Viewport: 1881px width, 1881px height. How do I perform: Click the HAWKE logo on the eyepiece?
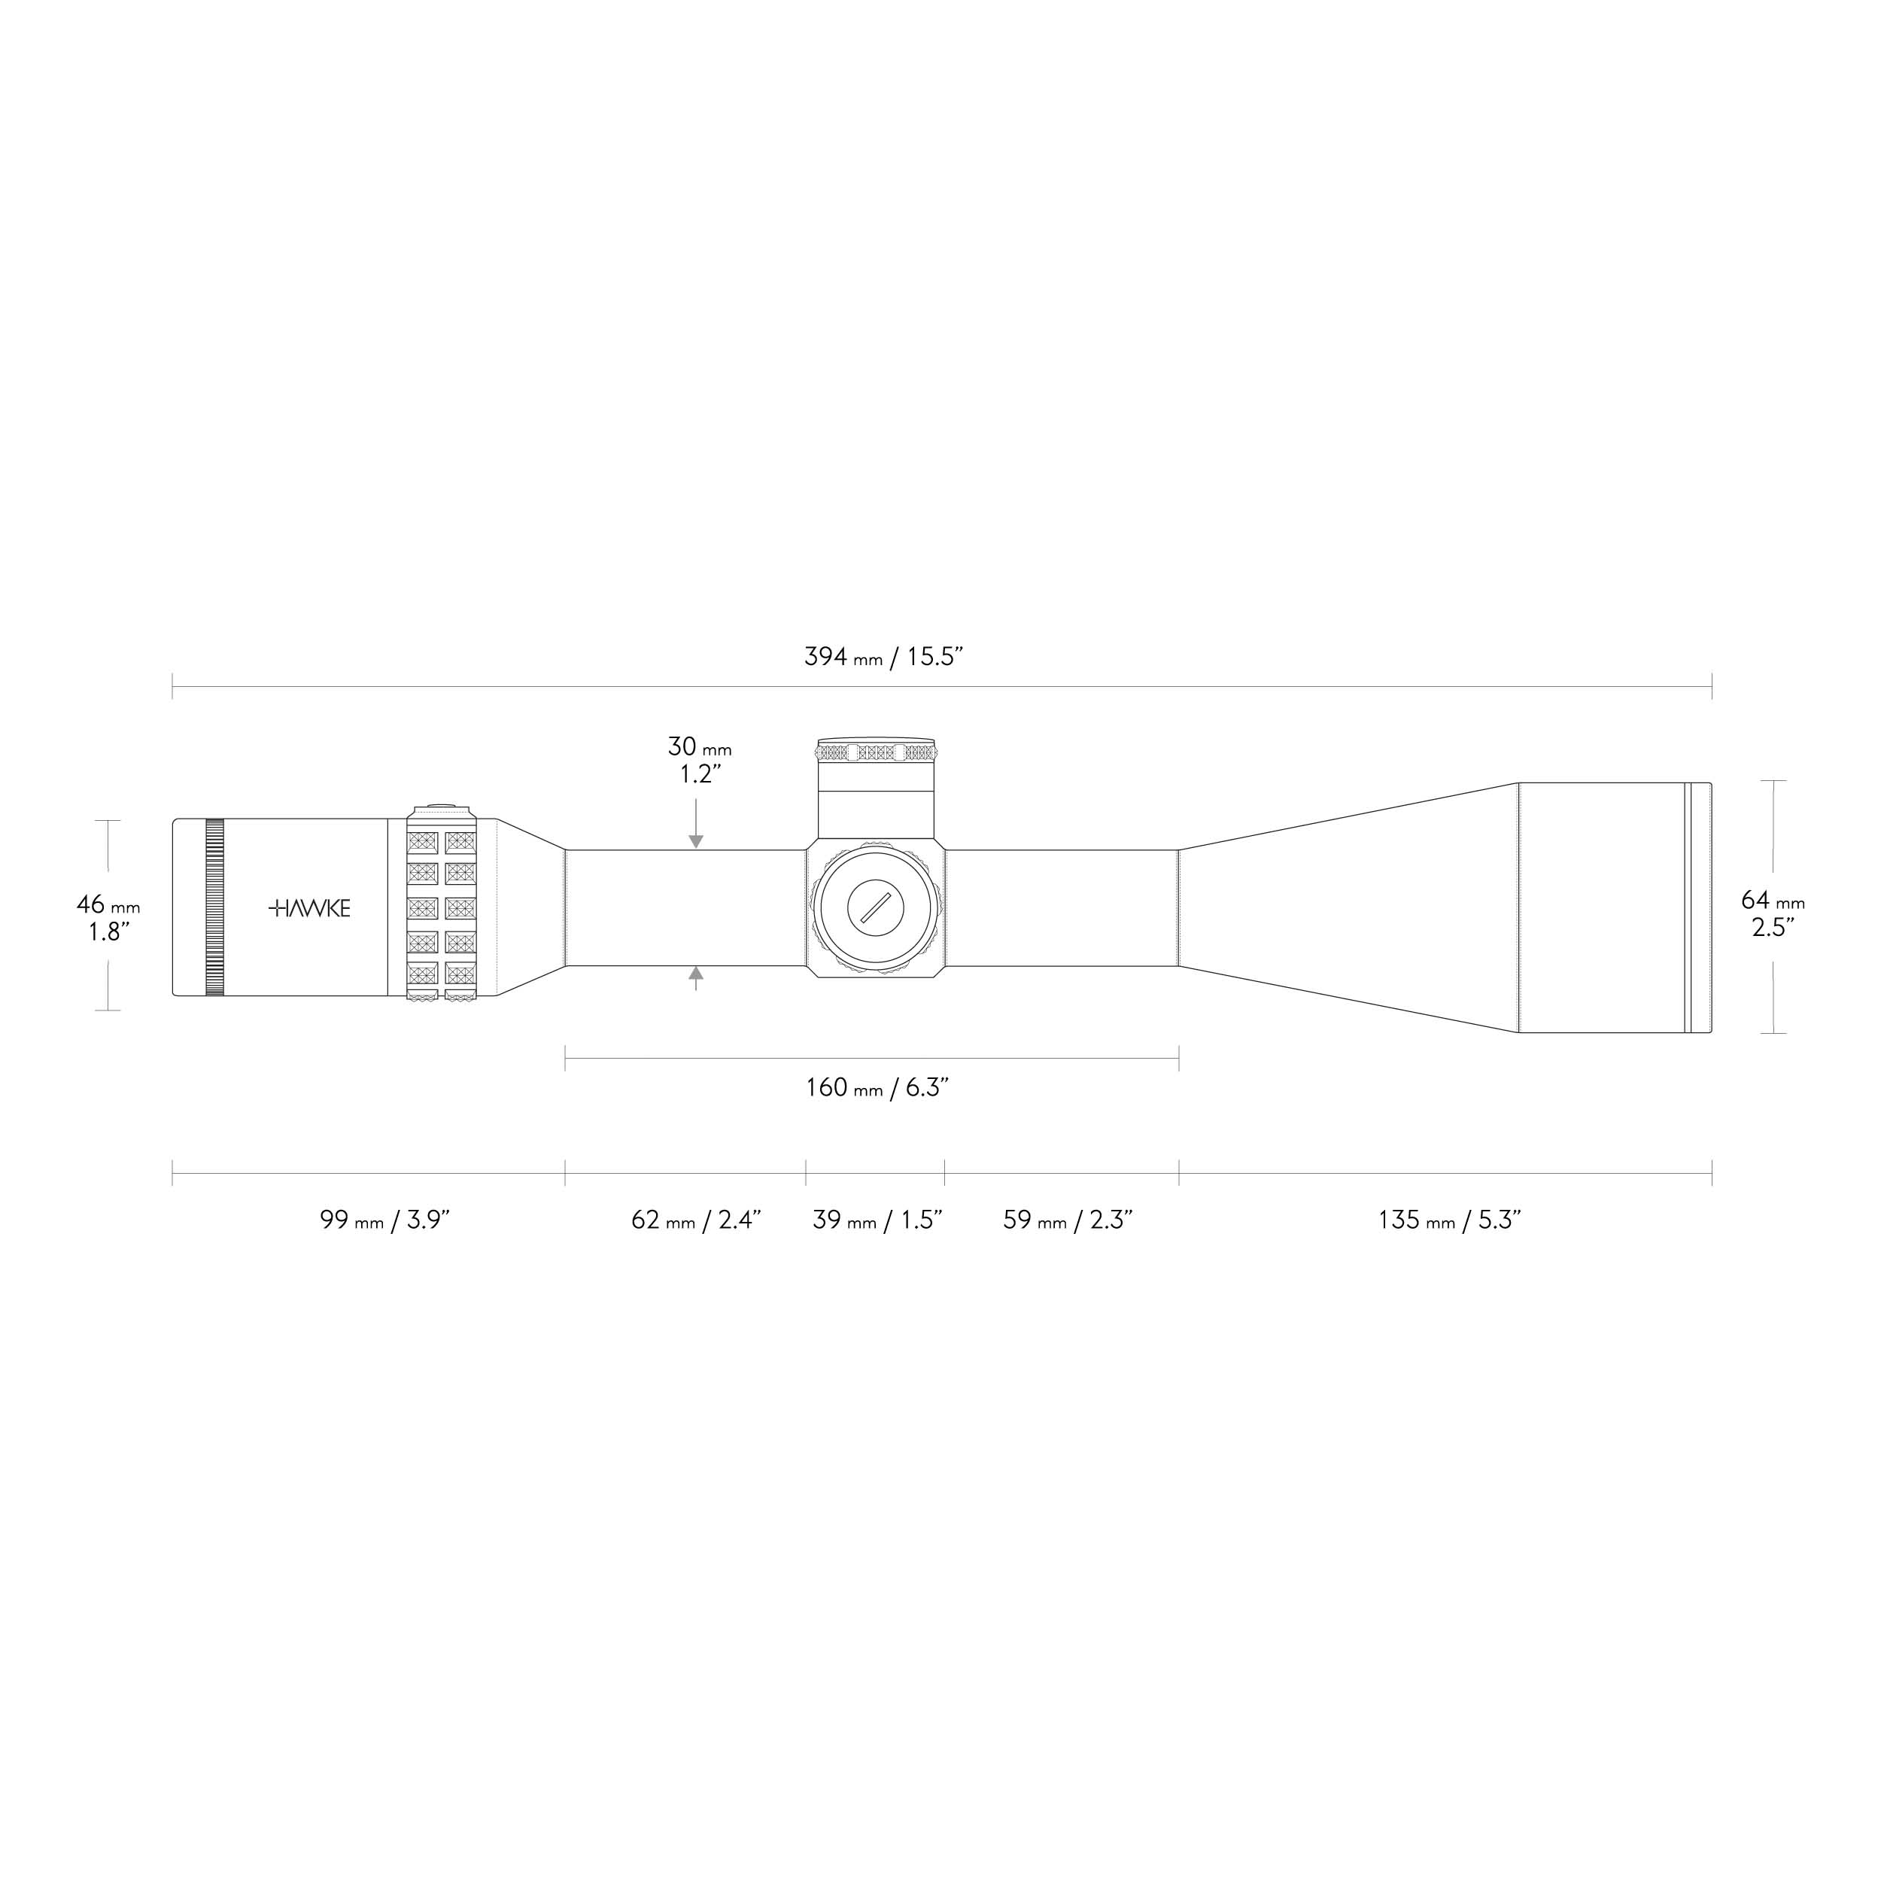tap(309, 908)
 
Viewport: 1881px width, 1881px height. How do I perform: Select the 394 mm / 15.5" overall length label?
tap(884, 656)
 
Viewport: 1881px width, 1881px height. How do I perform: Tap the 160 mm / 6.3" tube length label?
tap(877, 1087)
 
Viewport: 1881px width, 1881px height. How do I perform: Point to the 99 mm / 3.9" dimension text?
tap(384, 1220)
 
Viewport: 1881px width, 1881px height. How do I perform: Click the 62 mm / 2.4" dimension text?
tap(696, 1220)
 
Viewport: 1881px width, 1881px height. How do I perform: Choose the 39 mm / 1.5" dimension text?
tap(878, 1220)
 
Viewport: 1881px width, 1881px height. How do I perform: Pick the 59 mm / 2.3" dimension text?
tap(1068, 1220)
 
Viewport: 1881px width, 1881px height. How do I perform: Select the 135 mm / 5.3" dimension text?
tap(1450, 1220)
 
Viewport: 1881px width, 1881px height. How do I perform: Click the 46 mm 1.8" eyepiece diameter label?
tap(108, 918)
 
